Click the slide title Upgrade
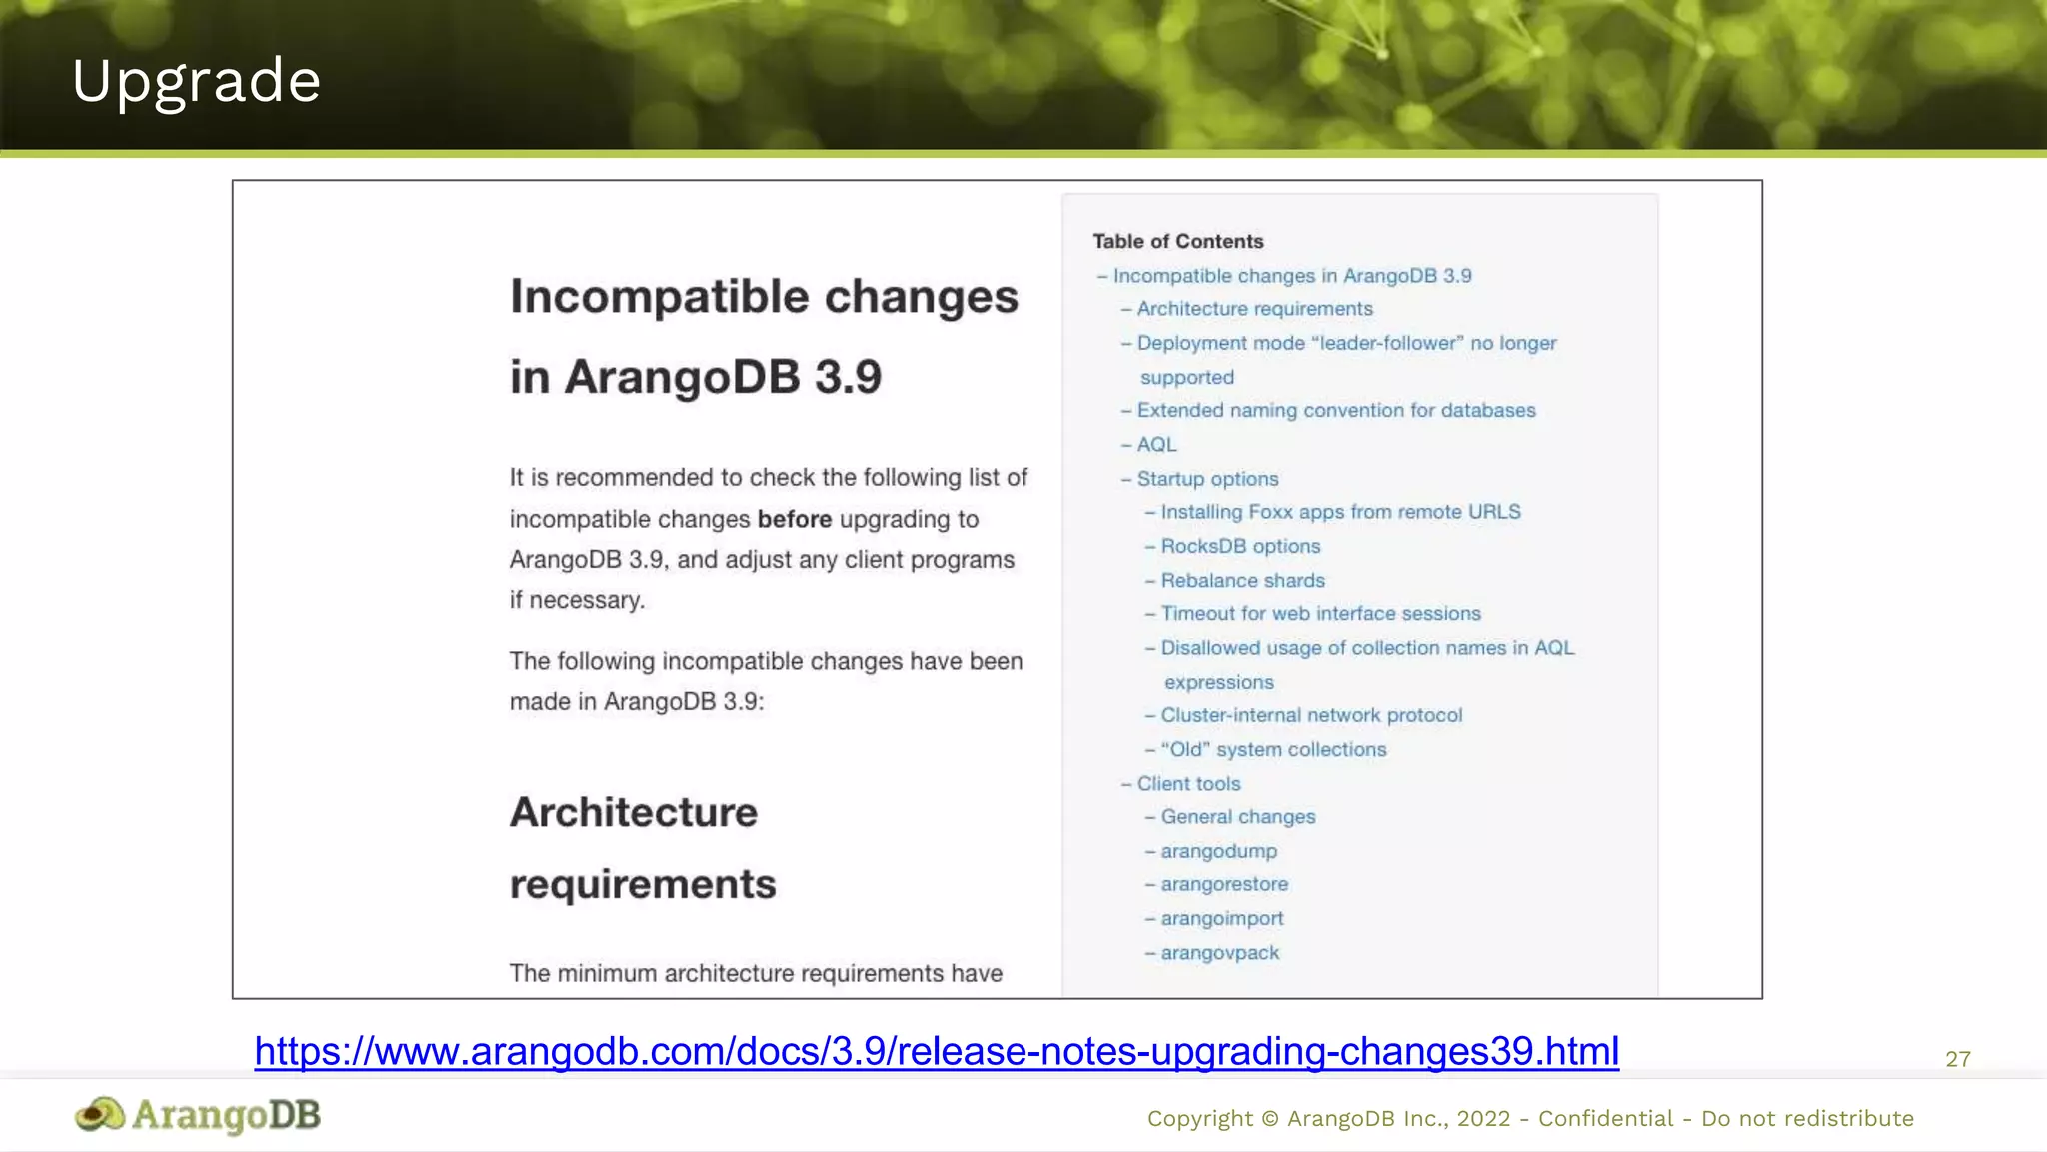[196, 81]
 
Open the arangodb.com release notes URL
[937, 1051]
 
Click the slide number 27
[1957, 1059]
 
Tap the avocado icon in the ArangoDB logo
[100, 1114]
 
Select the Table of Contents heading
[1177, 241]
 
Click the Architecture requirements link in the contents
[1254, 309]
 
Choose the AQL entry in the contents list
[1156, 444]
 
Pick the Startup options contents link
[1207, 479]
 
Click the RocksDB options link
[1240, 546]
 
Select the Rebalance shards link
[1242, 580]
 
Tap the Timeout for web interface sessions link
[1320, 613]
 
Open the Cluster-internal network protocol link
[1311, 715]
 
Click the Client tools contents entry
[1188, 784]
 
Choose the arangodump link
[1218, 851]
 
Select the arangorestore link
[1224, 884]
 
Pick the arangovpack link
[1219, 953]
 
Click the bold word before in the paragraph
[794, 519]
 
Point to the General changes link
[1238, 817]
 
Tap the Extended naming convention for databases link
[1336, 410]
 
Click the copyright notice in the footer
[1529, 1118]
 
